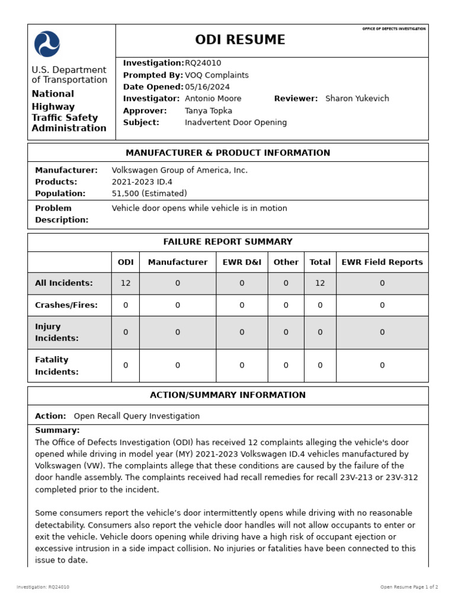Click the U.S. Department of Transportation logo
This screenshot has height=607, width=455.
[47, 44]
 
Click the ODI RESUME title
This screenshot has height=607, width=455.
[240, 40]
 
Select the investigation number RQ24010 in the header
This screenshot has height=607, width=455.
[203, 63]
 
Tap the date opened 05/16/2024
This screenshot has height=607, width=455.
[207, 87]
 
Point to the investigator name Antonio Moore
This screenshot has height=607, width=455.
[213, 99]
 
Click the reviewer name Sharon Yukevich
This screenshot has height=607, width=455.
[357, 99]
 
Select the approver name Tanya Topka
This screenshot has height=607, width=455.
[208, 111]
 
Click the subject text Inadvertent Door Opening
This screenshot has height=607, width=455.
[235, 123]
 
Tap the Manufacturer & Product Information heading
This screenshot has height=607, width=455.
[227, 153]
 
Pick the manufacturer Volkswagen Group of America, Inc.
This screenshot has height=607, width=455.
[180, 171]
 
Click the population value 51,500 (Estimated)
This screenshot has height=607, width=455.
[149, 194]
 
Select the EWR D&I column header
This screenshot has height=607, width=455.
[242, 262]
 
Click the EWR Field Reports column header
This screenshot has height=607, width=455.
[382, 262]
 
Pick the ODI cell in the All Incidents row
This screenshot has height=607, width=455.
[126, 283]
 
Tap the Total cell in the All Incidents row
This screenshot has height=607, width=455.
[320, 283]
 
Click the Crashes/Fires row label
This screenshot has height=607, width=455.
[66, 305]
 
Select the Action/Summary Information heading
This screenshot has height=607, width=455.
[227, 395]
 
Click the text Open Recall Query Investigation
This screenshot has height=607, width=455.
[136, 416]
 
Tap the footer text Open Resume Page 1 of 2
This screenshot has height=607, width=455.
[409, 587]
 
